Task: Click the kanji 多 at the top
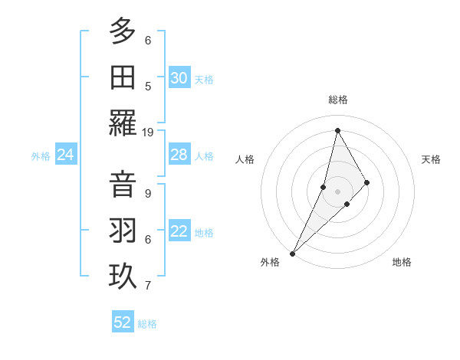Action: (123, 33)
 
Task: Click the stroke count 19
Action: (148, 132)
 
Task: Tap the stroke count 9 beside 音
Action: (148, 193)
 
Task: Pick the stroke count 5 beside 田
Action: (148, 86)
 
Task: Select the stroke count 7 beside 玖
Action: (148, 286)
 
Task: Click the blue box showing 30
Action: (179, 78)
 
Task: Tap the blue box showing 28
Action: (179, 155)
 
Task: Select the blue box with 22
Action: (179, 231)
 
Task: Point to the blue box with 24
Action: (65, 155)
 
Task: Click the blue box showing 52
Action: (123, 322)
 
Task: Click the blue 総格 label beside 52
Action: (147, 324)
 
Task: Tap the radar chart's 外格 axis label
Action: (270, 262)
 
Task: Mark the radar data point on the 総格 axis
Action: (337, 130)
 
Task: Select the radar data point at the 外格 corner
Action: (292, 253)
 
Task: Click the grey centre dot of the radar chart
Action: (337, 191)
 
